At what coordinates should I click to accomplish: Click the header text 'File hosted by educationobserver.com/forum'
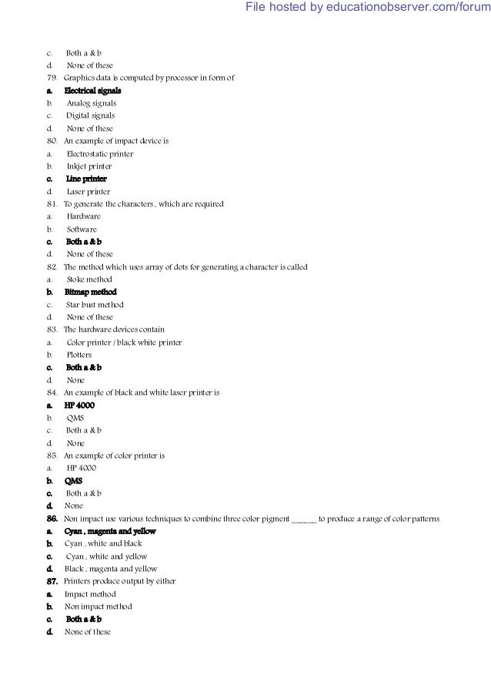(367, 8)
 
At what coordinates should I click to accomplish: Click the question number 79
(52, 79)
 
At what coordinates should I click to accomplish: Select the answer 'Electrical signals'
(92, 91)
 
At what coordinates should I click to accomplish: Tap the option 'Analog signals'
(92, 104)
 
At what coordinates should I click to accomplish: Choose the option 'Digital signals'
(89, 116)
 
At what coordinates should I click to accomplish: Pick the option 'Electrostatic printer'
(100, 154)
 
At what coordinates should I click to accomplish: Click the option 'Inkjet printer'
(89, 166)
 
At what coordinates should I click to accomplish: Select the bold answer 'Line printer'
(86, 179)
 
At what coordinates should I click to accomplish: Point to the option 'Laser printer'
(88, 192)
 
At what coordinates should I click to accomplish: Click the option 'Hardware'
(83, 217)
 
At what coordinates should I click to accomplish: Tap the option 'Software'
(82, 229)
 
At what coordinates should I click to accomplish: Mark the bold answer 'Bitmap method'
(91, 292)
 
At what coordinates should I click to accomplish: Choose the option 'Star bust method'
(95, 305)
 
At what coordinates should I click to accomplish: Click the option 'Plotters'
(79, 355)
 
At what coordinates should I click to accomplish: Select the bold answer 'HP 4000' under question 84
(80, 406)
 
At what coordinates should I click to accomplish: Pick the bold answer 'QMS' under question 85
(74, 481)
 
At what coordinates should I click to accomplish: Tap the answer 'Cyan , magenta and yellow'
(110, 531)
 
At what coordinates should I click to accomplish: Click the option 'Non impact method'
(97, 606)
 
